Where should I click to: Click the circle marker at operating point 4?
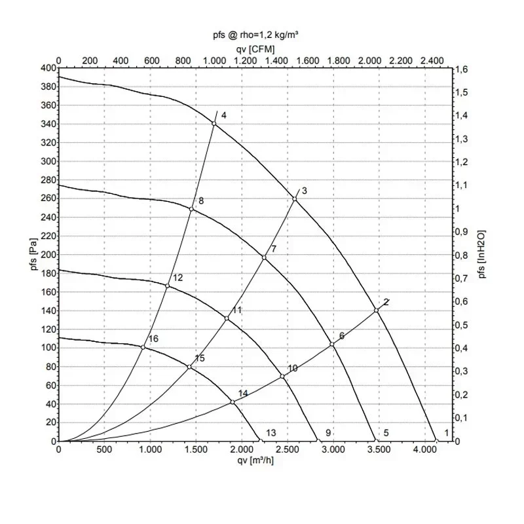tap(214, 124)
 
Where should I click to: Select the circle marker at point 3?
tap(295, 198)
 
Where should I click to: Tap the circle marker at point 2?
tap(377, 310)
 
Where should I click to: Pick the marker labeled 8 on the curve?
tap(192, 209)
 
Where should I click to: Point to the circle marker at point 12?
tap(168, 286)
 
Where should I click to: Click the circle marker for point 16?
tap(143, 347)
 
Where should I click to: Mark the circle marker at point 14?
tap(233, 402)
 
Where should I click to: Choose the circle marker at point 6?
tap(332, 345)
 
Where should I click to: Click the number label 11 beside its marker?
tap(237, 310)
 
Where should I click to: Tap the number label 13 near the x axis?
tap(271, 433)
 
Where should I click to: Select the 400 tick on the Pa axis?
tap(48, 68)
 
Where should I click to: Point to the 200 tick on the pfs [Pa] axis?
tap(48, 255)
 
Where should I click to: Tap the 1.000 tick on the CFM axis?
tap(214, 60)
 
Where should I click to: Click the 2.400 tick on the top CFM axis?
tap(432, 60)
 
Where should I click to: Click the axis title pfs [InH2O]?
tap(483, 254)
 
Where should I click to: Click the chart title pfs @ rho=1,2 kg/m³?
tap(255, 35)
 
